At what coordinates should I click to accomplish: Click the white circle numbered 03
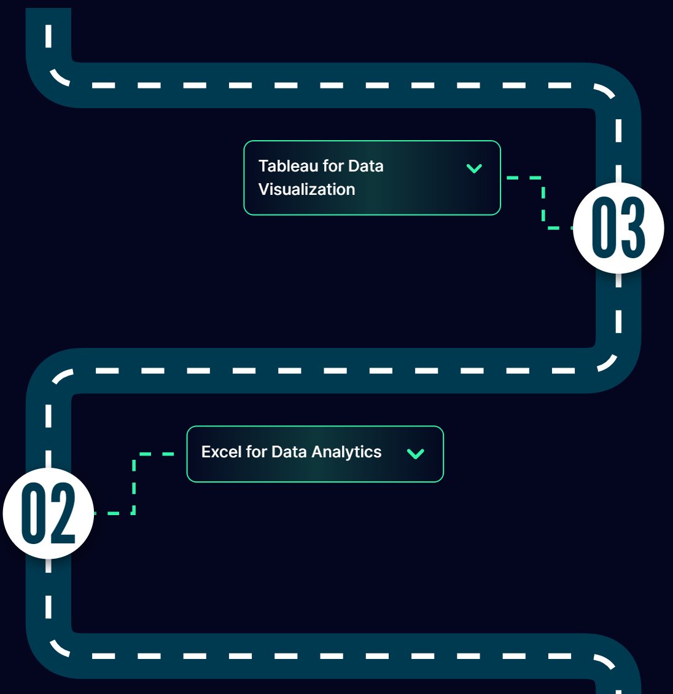pos(618,227)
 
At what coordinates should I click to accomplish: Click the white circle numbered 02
pos(49,513)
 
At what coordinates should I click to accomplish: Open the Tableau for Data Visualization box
pos(372,178)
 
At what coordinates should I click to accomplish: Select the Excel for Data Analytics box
pos(314,454)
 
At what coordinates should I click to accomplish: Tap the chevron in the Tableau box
pos(474,168)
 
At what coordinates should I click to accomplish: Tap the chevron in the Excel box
pos(416,453)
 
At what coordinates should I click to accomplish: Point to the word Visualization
pos(306,189)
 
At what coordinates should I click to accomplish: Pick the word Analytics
pos(346,452)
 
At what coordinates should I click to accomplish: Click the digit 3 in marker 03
pos(633,227)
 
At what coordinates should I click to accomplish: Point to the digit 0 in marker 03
pos(604,227)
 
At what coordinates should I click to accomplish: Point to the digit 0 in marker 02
pos(34,513)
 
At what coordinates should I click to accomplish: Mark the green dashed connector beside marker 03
pos(543,203)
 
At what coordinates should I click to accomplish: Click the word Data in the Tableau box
pos(365,166)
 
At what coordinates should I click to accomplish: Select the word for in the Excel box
pos(256,452)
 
